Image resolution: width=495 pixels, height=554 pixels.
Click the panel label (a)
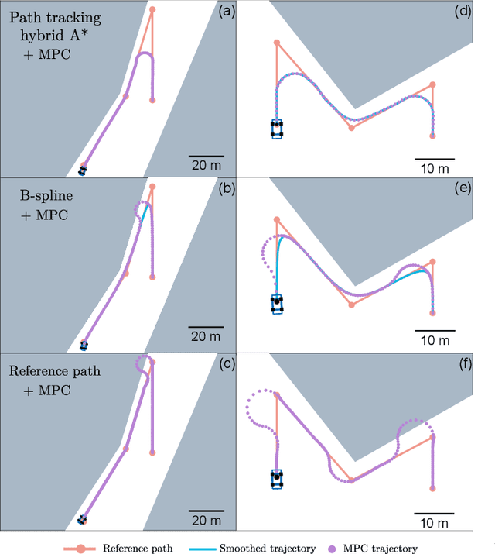[227, 11]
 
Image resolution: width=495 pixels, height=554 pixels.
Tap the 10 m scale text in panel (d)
[433, 168]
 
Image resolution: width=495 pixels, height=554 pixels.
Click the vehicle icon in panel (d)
[277, 129]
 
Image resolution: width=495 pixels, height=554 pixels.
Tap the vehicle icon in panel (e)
[277, 303]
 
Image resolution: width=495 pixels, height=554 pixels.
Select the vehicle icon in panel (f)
[277, 479]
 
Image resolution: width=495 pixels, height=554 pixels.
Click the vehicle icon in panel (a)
[83, 170]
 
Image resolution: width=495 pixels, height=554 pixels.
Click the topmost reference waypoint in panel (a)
[152, 9]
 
